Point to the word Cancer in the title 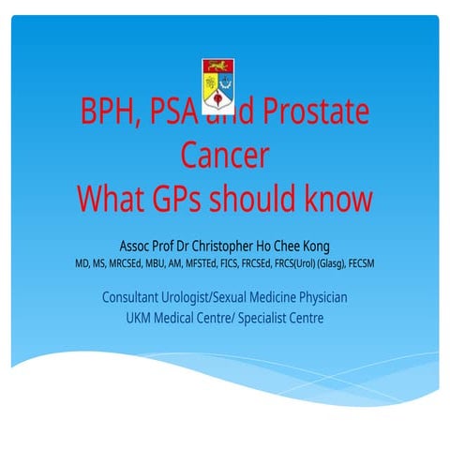(224, 156)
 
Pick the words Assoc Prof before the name (151, 246)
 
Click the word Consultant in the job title (135, 297)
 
